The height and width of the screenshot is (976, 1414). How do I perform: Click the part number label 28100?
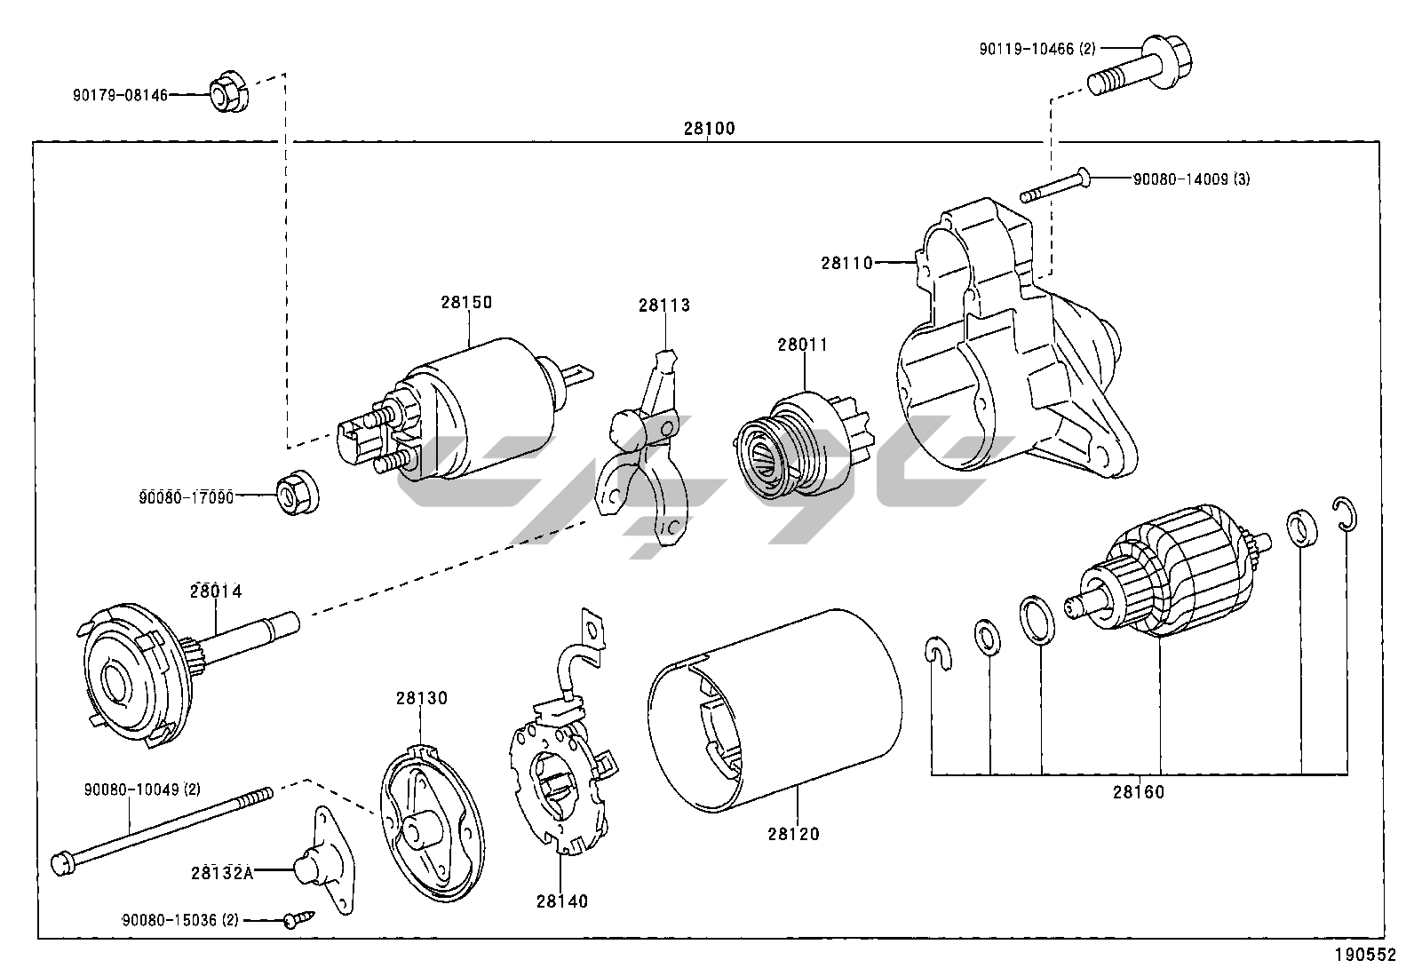[709, 129]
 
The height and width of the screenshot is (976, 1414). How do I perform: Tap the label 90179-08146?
[120, 94]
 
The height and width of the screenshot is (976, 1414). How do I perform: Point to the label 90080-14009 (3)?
[1191, 179]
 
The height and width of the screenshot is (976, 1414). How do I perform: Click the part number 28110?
[846, 263]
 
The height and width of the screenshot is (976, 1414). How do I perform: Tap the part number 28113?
[663, 305]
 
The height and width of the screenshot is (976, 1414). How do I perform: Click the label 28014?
[216, 591]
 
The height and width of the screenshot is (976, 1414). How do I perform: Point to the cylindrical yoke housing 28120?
[773, 710]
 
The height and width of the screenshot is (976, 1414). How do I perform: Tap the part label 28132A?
[222, 872]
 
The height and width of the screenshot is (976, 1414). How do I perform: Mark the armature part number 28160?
[1138, 792]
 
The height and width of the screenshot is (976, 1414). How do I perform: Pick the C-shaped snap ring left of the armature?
[935, 652]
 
